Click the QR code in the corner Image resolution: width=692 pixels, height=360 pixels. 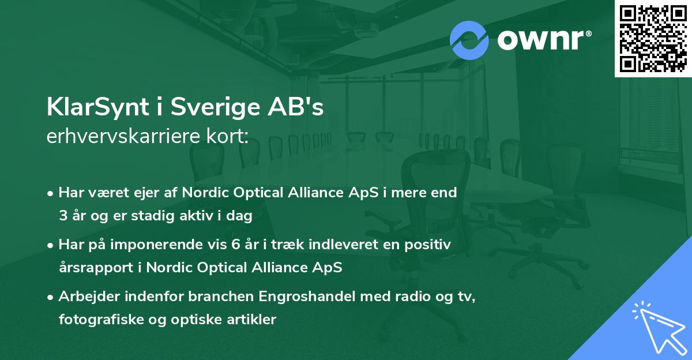pyautogui.click(x=653, y=39)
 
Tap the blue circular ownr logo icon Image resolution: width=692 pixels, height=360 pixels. pyautogui.click(x=469, y=39)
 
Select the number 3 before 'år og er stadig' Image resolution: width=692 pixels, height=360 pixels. pyautogui.click(x=63, y=217)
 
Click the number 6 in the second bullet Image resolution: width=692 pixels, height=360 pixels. pyautogui.click(x=236, y=245)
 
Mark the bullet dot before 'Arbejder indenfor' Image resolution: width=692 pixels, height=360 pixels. pyautogui.click(x=51, y=297)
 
